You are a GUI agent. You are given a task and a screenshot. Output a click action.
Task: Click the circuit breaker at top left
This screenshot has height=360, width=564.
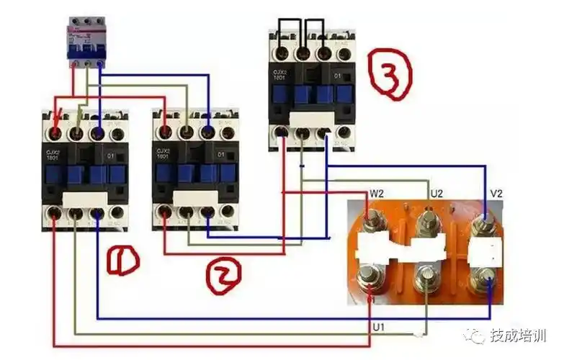(85, 42)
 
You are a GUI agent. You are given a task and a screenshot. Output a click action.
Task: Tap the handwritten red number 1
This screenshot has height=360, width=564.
(122, 260)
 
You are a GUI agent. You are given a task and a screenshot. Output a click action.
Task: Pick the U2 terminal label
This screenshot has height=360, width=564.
(435, 193)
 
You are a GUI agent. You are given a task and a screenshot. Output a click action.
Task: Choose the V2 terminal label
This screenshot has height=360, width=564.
(496, 192)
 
